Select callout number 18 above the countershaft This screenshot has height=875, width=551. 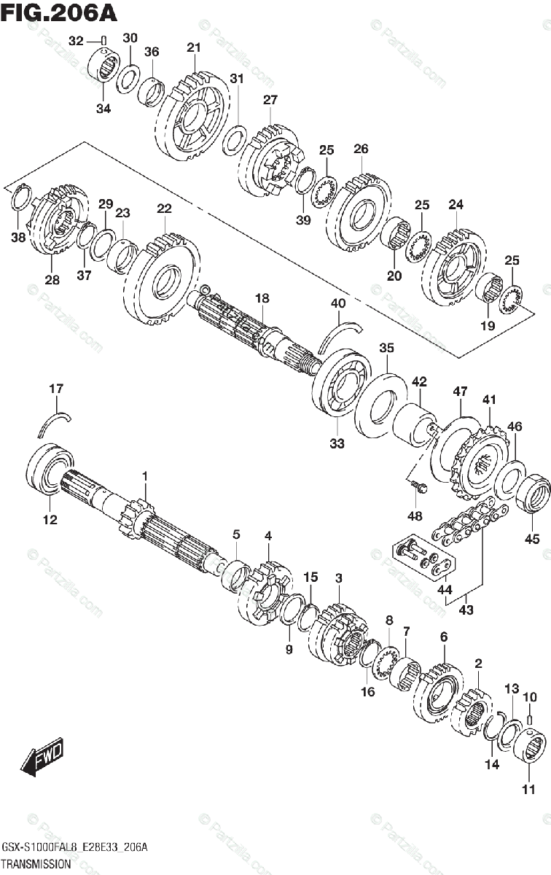pyautogui.click(x=262, y=298)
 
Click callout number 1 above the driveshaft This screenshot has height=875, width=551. pyautogui.click(x=144, y=476)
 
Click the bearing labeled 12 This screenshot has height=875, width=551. pyautogui.click(x=50, y=467)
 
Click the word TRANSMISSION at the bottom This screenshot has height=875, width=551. pyautogui.click(x=36, y=863)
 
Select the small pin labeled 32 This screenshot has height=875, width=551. pyautogui.click(x=103, y=41)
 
